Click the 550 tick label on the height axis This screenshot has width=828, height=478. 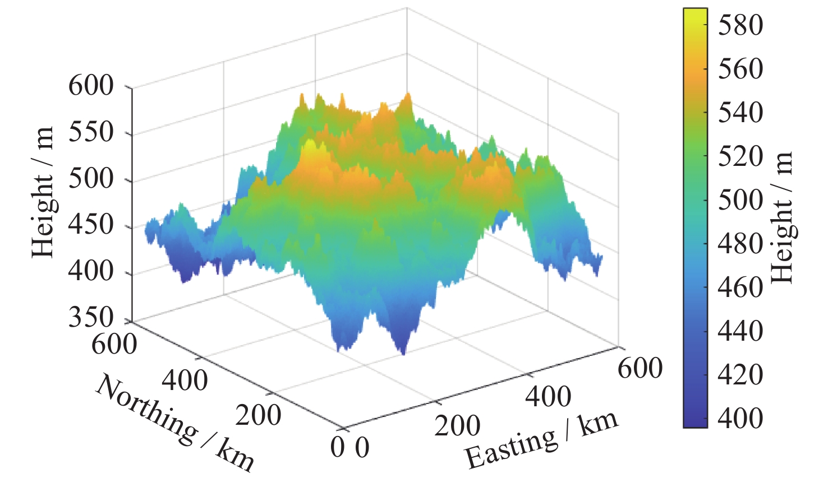tap(91, 133)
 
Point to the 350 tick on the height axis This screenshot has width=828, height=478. tap(91, 318)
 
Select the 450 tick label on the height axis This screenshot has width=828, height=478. tap(91, 225)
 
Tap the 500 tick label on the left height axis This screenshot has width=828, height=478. tap(91, 179)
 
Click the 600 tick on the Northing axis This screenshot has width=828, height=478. tap(114, 344)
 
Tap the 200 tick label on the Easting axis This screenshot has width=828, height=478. tap(457, 426)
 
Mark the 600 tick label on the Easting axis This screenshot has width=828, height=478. tap(640, 368)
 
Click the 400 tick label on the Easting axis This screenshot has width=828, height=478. tap(549, 397)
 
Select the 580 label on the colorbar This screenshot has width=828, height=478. tap(740, 25)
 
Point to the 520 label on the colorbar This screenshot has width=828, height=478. tap(740, 156)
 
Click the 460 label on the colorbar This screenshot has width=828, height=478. tap(740, 287)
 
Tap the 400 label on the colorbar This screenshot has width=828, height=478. tap(740, 418)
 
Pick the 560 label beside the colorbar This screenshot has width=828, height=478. tap(740, 68)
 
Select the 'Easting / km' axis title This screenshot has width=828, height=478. tap(542, 440)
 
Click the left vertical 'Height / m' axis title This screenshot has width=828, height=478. tap(43, 192)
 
